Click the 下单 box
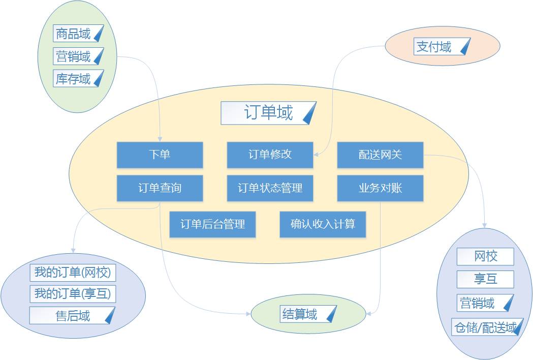(160, 155)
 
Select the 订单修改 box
(270, 155)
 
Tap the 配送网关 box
(380, 155)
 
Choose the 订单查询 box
(160, 188)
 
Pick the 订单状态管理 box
(270, 188)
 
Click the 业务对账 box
(380, 188)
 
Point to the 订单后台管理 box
(212, 224)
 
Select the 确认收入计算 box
(323, 224)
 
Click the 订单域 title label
(268, 113)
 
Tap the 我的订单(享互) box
(72, 294)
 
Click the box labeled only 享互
(485, 279)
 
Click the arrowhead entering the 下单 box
(160, 139)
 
